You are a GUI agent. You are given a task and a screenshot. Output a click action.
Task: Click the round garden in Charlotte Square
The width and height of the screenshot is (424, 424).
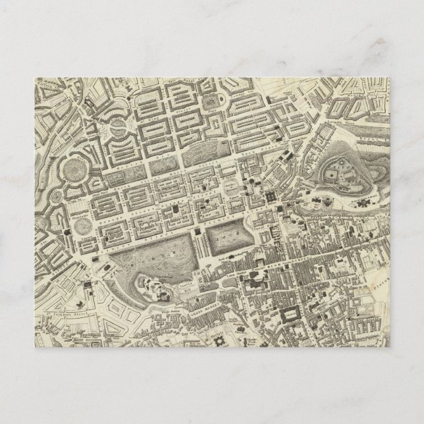tap(83, 225)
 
